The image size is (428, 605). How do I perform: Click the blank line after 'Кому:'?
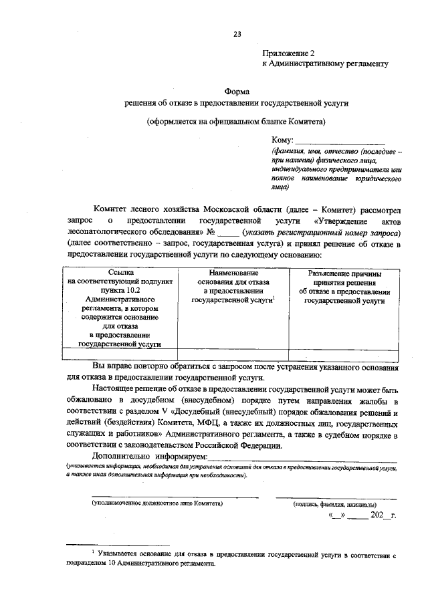coord(340,141)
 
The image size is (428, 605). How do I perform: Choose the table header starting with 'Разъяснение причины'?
coord(344,287)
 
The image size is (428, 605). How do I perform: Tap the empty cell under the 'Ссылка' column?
coord(120,354)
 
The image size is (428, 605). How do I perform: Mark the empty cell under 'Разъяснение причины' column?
coord(344,354)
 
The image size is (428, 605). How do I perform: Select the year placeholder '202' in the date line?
coord(376,517)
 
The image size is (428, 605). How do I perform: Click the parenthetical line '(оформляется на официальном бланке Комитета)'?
coord(237,122)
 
